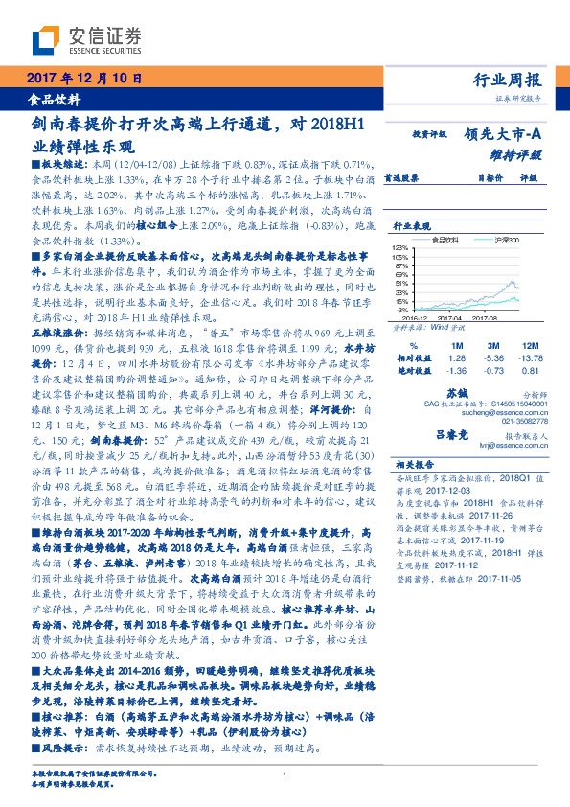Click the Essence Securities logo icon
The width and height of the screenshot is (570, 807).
tap(46, 39)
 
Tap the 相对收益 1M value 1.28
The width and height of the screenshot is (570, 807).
tap(455, 357)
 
